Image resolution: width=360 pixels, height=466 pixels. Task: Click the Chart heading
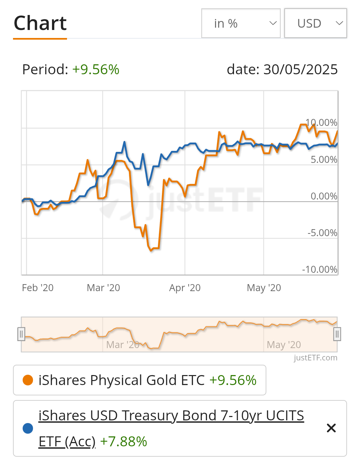(x=40, y=23)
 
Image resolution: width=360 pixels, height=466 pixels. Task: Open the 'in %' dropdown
(x=241, y=23)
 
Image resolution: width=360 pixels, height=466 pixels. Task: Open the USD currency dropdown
(x=315, y=23)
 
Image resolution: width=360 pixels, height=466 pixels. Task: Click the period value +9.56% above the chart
(x=96, y=70)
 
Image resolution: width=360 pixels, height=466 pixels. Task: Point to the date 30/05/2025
(x=300, y=70)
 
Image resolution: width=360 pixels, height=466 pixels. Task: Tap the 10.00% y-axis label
(x=322, y=123)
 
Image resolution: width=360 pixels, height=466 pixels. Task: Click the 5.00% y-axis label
(x=324, y=160)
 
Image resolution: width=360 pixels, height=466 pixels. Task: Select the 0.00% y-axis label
(x=324, y=196)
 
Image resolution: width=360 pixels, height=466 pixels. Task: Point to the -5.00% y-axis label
(x=322, y=233)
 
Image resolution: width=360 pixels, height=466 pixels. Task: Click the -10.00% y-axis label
(x=320, y=269)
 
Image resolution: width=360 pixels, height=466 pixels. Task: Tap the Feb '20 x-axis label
(x=38, y=288)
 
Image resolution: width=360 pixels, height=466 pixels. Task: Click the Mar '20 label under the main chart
(x=103, y=288)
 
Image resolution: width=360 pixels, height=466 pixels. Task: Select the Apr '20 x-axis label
(x=185, y=288)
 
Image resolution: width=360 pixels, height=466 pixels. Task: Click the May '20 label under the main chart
(x=264, y=288)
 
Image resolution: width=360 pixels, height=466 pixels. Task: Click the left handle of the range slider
(x=21, y=334)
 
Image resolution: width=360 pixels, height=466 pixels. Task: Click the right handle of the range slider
(x=337, y=334)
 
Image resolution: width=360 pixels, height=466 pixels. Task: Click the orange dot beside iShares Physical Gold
(x=28, y=380)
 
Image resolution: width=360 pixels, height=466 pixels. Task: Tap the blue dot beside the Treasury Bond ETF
(x=28, y=428)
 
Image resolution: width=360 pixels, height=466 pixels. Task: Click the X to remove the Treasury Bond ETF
(x=331, y=428)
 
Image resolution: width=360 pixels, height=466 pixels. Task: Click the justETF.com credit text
(x=315, y=358)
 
